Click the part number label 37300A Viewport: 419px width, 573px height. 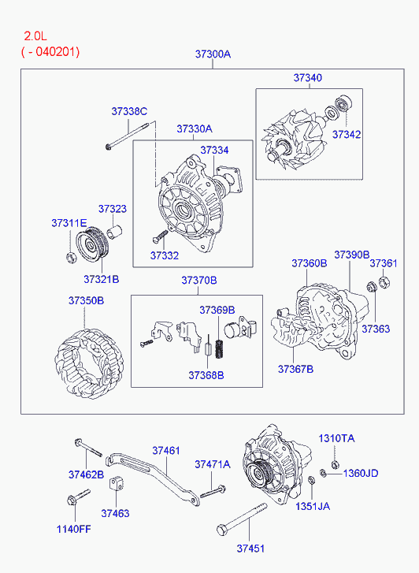click(213, 54)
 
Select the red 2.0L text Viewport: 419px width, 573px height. click(35, 35)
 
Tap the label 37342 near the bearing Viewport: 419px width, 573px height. click(347, 135)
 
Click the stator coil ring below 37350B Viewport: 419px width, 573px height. click(89, 363)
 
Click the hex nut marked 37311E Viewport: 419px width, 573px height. click(71, 257)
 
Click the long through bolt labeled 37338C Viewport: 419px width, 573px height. click(127, 136)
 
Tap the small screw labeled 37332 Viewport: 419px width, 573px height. click(160, 236)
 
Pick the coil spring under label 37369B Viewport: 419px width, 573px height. click(219, 349)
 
